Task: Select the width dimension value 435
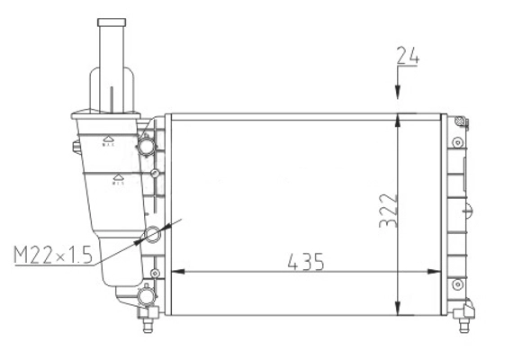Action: [x=306, y=262]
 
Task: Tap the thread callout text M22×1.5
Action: [x=54, y=256]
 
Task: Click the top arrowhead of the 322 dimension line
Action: [x=398, y=121]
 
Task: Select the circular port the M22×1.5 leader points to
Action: [x=151, y=235]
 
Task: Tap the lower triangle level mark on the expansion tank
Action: [x=118, y=180]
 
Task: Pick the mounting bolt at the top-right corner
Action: [x=460, y=122]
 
